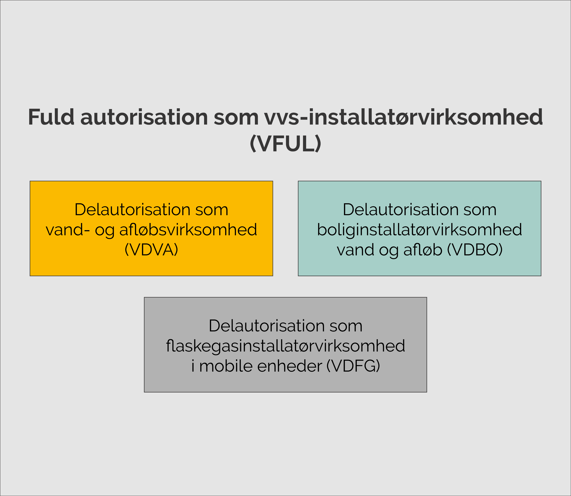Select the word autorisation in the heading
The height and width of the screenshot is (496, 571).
[144, 117]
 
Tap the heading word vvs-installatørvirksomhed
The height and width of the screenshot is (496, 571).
[403, 117]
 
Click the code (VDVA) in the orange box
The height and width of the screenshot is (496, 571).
[151, 250]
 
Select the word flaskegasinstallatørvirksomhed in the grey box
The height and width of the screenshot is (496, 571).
[285, 346]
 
